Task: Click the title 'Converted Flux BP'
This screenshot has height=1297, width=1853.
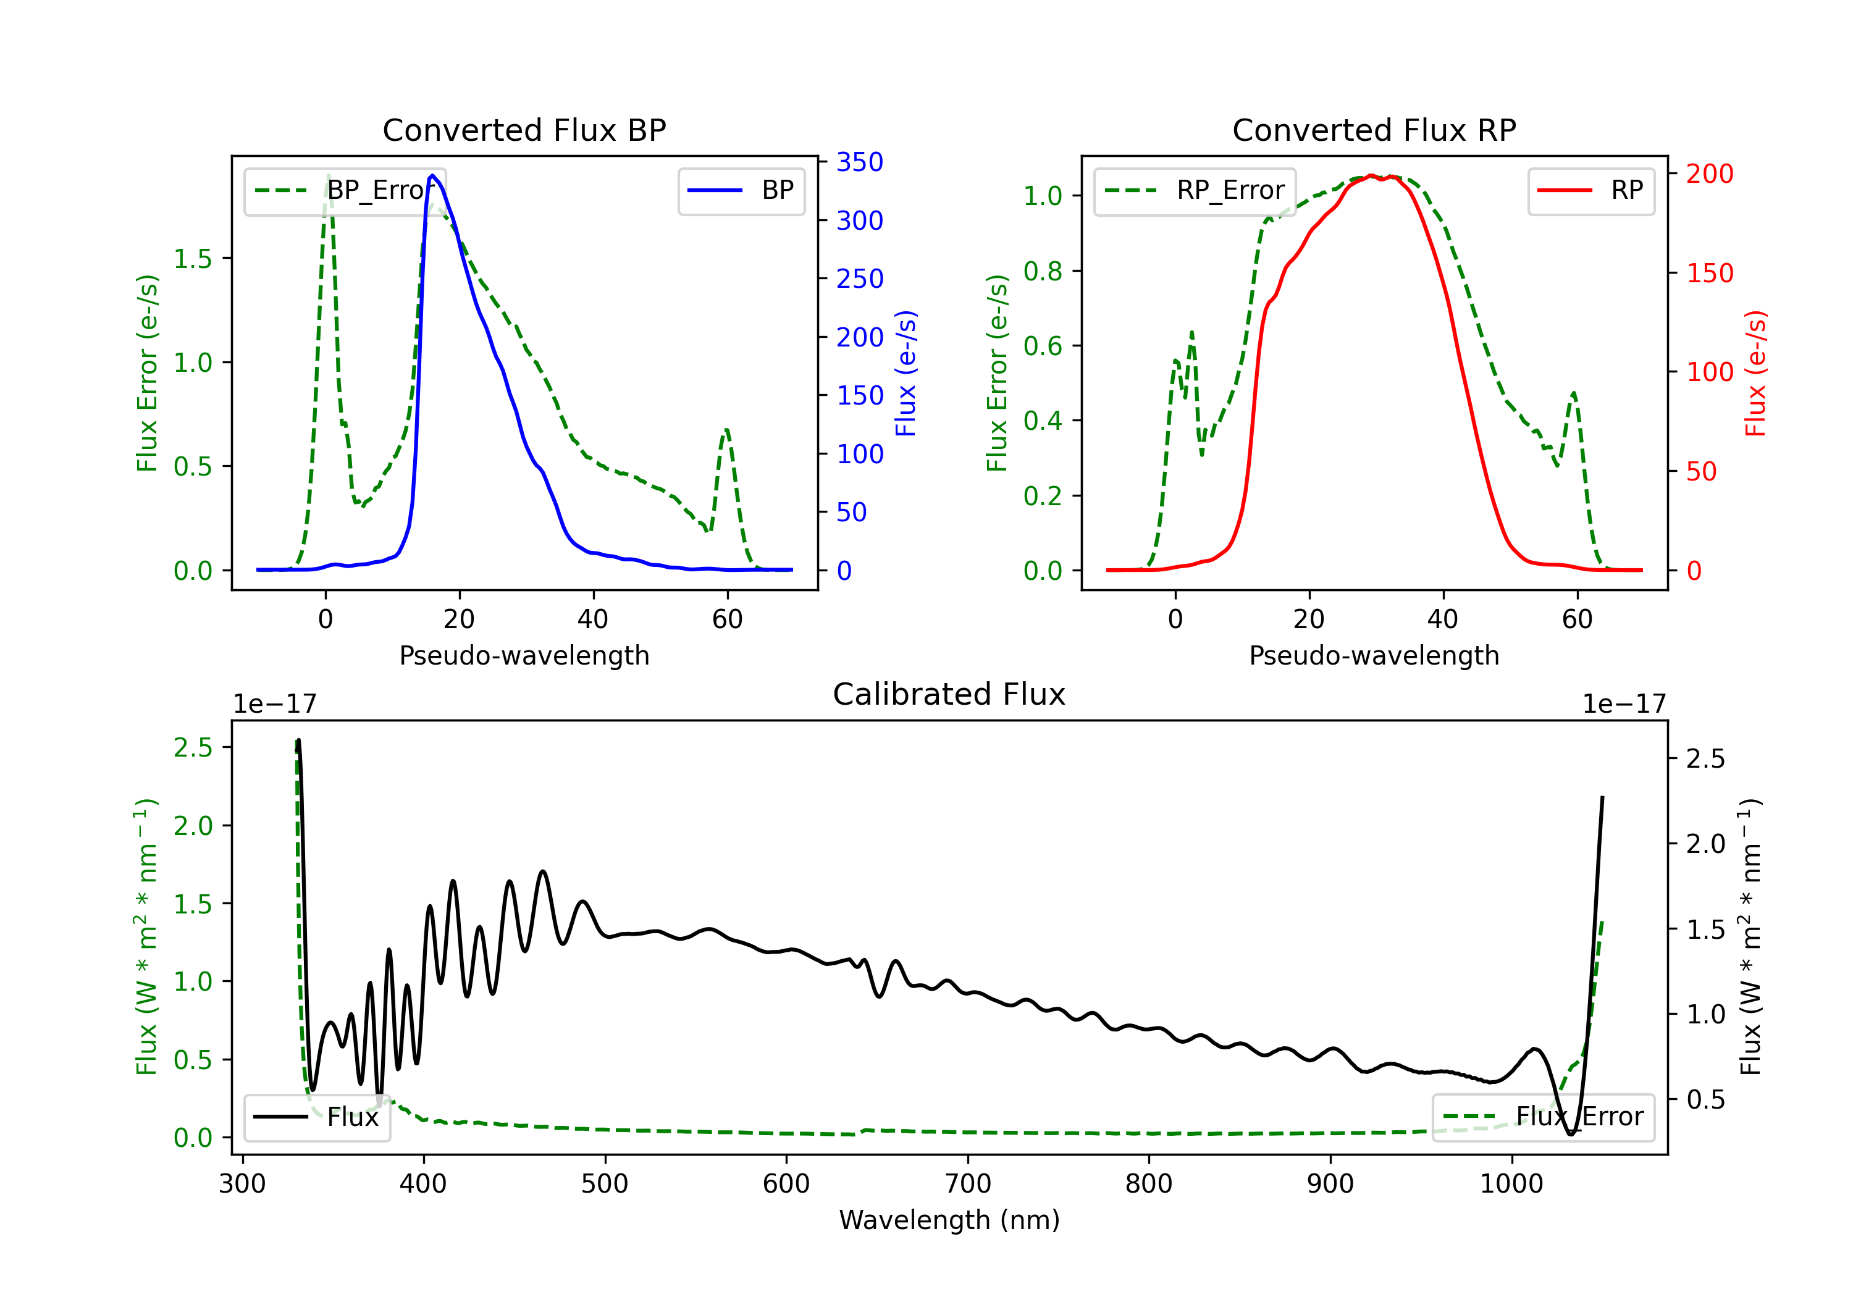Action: click(x=524, y=130)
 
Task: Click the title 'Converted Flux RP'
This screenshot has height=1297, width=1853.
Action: click(x=1374, y=130)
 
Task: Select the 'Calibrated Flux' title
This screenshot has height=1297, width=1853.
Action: click(x=949, y=694)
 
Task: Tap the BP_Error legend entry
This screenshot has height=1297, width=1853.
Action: click(x=345, y=190)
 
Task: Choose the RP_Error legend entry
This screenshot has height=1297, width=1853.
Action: click(x=1195, y=190)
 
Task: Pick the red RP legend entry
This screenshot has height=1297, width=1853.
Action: click(x=1590, y=190)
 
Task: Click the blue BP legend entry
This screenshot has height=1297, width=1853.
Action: click(x=741, y=190)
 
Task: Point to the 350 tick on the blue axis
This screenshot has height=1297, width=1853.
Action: click(x=860, y=162)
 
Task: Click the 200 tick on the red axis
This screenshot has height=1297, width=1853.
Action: click(x=1709, y=174)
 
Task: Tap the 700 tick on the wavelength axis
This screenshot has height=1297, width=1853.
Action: click(x=968, y=1183)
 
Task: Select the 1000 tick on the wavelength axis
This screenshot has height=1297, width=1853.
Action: click(x=1511, y=1183)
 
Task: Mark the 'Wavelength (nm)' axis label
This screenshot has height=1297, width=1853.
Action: click(x=949, y=1220)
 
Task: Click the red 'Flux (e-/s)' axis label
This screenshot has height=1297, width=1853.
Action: click(x=1756, y=374)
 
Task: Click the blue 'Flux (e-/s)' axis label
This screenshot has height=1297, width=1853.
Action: click(x=906, y=374)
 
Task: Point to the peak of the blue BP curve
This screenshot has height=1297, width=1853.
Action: click(x=432, y=175)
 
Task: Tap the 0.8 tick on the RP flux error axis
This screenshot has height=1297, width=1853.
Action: click(x=1043, y=271)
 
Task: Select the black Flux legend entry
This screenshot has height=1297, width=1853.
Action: click(x=316, y=1117)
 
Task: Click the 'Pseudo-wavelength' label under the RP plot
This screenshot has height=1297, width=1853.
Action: click(x=1374, y=655)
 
